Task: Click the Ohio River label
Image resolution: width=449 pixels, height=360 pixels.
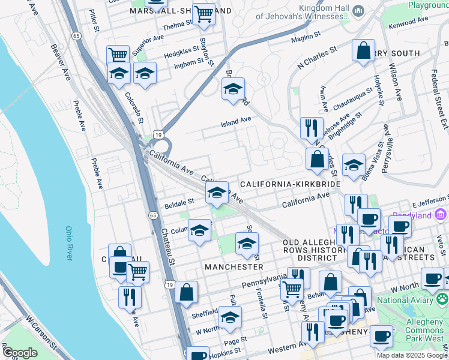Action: click(x=68, y=243)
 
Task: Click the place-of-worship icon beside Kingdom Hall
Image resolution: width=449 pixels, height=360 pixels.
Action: click(x=359, y=11)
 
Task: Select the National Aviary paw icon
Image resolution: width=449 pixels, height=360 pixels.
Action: click(x=442, y=296)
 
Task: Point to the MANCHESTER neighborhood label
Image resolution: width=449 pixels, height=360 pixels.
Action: click(x=234, y=266)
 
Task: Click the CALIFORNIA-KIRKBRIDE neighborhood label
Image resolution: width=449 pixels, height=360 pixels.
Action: click(x=291, y=184)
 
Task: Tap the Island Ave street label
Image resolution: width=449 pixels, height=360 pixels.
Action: click(x=236, y=120)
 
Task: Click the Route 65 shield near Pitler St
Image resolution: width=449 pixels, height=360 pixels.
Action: click(x=76, y=36)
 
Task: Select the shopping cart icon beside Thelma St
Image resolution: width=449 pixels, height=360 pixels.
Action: click(x=204, y=13)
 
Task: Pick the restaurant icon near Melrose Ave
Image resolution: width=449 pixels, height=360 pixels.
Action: click(x=311, y=128)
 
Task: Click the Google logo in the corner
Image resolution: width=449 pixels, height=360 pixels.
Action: click(x=20, y=353)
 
